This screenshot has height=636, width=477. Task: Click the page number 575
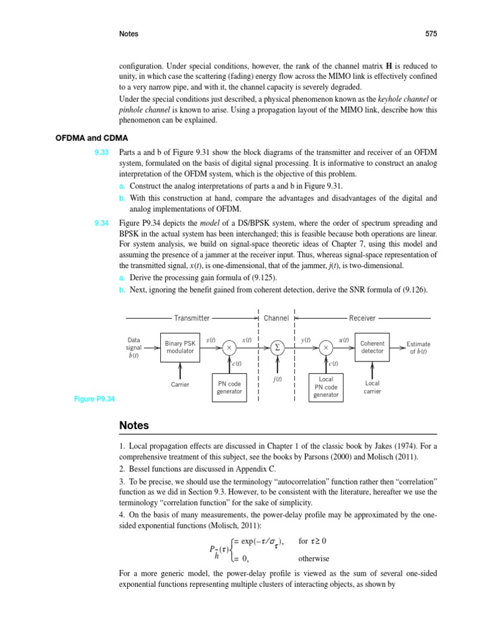pos(431,34)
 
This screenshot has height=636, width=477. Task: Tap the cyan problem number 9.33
pos(101,152)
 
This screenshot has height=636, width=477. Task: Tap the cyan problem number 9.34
pos(101,222)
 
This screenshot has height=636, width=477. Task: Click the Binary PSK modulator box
pos(179,347)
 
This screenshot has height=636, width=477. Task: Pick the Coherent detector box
pos(372,347)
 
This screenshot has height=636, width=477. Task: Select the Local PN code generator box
pos(326,386)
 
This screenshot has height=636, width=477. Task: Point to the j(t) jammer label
pos(277,379)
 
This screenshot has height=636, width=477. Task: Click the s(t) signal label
pos(211,340)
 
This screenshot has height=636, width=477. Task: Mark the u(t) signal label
pos(343,340)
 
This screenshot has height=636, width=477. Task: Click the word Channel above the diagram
pos(276,318)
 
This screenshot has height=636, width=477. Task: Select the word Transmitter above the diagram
pos(191,318)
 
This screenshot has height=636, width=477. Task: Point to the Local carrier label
pos(372,388)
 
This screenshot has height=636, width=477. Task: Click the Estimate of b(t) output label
pos(418,348)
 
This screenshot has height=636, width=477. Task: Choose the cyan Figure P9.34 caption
pos(94,399)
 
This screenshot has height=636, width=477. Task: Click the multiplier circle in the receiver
pos(326,348)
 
